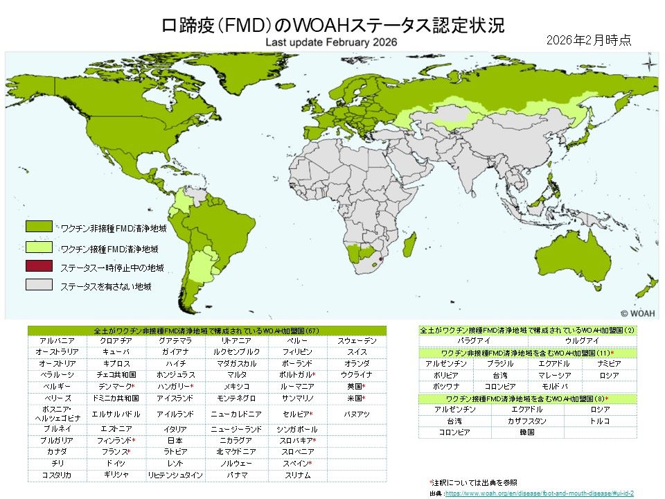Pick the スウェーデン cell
(x=357, y=341)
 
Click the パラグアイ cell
(x=473, y=341)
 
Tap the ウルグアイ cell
(x=582, y=341)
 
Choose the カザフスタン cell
(x=527, y=421)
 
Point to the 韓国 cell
(x=527, y=432)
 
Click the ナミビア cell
(x=609, y=364)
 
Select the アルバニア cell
(x=53, y=341)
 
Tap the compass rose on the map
(x=649, y=67)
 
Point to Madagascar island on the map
(x=410, y=245)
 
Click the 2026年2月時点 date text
(x=588, y=40)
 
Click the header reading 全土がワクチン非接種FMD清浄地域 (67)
(x=206, y=331)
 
